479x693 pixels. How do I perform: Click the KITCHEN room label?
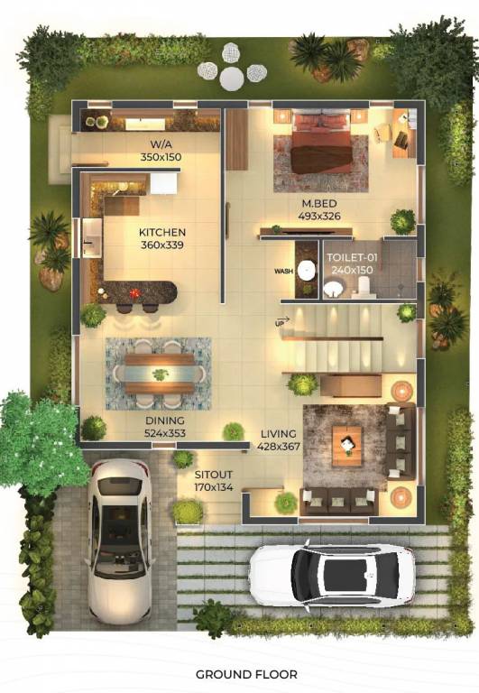pyautogui.click(x=161, y=232)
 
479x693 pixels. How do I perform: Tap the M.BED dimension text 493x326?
pyautogui.click(x=320, y=216)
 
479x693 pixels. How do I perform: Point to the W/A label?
pyautogui.click(x=161, y=144)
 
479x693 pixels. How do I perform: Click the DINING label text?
pyautogui.click(x=164, y=420)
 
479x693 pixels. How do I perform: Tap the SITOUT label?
pyautogui.click(x=213, y=473)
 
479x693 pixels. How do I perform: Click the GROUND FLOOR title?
pyautogui.click(x=246, y=674)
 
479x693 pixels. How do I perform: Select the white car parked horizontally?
pyautogui.click(x=332, y=574)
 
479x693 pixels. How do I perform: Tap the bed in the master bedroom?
pyautogui.click(x=322, y=143)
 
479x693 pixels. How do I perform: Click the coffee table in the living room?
pyautogui.click(x=347, y=445)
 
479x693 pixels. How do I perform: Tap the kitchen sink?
pyautogui.click(x=92, y=239)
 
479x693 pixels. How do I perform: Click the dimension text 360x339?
pyautogui.click(x=161, y=245)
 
